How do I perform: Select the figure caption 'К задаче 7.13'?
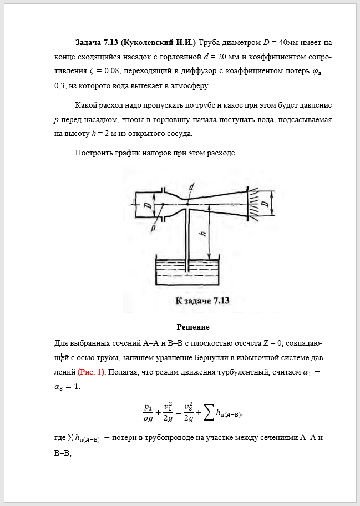[202, 301]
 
